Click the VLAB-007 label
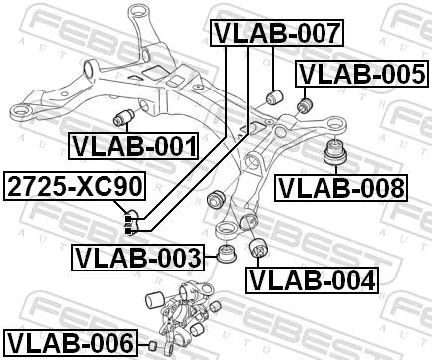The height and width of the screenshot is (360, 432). point(277,33)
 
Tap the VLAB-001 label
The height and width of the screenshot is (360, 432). point(132,147)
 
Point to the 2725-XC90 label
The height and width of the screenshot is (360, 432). point(61,185)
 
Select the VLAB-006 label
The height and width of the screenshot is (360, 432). point(68,343)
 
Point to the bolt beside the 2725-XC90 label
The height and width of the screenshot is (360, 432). point(130,221)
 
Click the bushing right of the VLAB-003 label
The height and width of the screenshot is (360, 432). point(226,254)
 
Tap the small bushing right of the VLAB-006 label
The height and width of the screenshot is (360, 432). point(152,344)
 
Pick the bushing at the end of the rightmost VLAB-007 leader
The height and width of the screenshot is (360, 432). point(278,96)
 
